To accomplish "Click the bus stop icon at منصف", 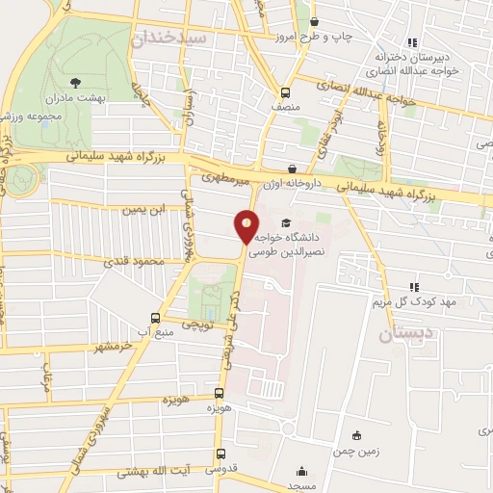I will pos(285,92).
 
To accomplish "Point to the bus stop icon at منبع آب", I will pos(156,319).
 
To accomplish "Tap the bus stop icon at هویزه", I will pos(220,393).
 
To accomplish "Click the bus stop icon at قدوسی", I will pos(220,454).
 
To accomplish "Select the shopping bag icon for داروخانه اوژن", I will pos(292,169).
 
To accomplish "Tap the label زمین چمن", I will pos(357,451).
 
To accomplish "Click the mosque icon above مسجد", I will pos(303,472).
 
